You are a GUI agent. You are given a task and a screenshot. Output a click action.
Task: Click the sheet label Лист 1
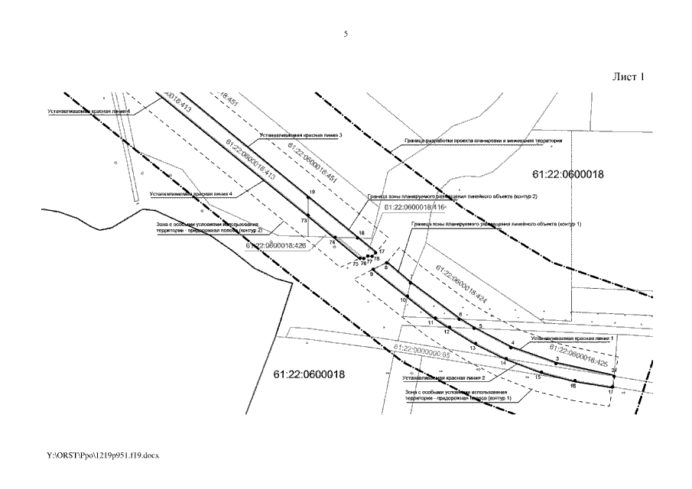click(x=629, y=77)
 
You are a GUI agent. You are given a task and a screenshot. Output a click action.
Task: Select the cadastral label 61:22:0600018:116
click(x=415, y=207)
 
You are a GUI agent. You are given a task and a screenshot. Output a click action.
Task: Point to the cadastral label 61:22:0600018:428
click(x=276, y=246)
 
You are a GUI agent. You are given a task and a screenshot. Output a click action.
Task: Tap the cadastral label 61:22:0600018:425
click(x=580, y=356)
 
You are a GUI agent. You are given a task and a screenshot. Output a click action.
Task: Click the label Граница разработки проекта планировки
click(x=482, y=141)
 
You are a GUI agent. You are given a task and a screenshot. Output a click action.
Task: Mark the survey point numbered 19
click(x=308, y=197)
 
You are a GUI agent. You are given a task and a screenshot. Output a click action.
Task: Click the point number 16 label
click(x=573, y=387)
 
